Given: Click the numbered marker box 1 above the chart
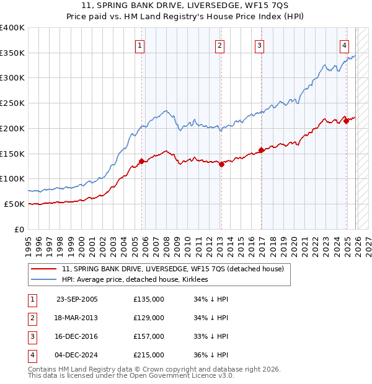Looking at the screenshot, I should pos(141,45).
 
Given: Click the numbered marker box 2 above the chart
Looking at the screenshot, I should pos(220,45).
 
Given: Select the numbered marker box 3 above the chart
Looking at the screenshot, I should pos(259,45).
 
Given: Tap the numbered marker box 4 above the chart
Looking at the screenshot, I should pos(344,45).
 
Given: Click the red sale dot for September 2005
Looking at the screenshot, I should pos(141,162).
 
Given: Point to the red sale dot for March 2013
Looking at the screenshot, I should pos(221,164).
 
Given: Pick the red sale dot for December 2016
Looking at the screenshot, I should pos(261,150).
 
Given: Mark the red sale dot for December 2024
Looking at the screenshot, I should pos(347,121).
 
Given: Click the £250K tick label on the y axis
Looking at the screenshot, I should pos(12,103).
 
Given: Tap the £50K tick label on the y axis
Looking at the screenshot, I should pos(14,204).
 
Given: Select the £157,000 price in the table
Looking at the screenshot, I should pos(149,336).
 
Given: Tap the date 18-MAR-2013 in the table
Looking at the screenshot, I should pos(77,318).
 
